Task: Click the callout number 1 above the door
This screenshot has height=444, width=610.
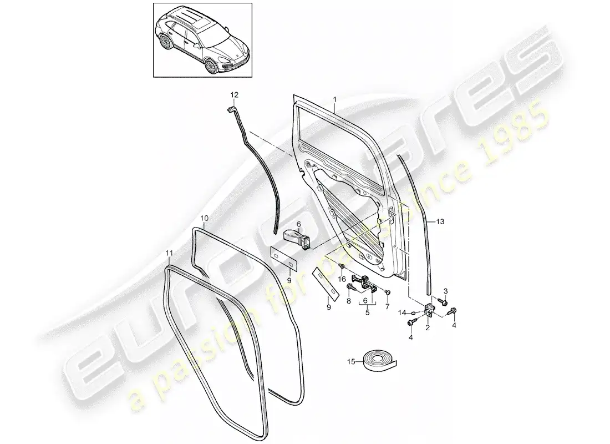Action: click(x=334, y=100)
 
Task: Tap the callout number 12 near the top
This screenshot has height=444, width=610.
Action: click(x=234, y=95)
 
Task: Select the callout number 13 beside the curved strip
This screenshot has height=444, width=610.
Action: click(x=440, y=221)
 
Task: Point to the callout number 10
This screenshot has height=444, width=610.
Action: click(x=205, y=218)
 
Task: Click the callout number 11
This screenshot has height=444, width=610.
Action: click(x=169, y=253)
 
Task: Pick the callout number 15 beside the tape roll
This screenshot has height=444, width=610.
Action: click(x=351, y=362)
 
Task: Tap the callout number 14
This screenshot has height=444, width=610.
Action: click(x=402, y=312)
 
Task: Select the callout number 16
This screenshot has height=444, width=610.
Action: click(x=342, y=279)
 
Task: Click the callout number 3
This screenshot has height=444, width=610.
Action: click(x=446, y=291)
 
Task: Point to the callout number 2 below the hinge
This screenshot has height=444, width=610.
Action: click(x=428, y=328)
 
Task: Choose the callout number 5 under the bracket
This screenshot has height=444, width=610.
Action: click(x=367, y=312)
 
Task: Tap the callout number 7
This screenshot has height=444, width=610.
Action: click(x=387, y=307)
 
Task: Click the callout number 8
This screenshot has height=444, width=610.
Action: click(x=349, y=300)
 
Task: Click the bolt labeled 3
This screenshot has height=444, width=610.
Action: click(x=442, y=301)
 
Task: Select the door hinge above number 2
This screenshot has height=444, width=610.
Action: click(x=429, y=310)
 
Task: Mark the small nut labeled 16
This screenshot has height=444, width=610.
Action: click(x=341, y=266)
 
